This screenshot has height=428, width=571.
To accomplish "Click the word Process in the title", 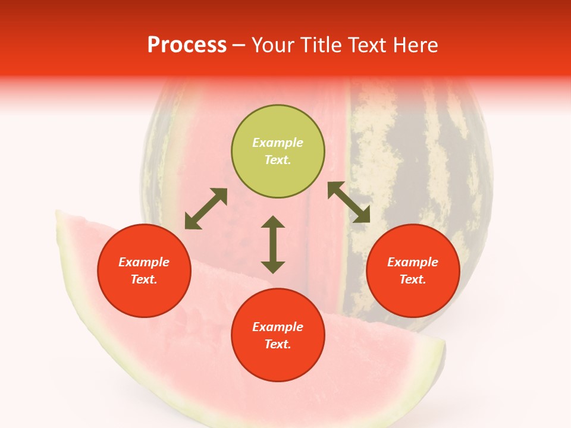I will [187, 45].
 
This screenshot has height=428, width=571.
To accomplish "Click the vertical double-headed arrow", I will [273, 244].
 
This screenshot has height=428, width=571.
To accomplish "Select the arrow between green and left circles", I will [206, 209].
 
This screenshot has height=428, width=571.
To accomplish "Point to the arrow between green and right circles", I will [349, 202].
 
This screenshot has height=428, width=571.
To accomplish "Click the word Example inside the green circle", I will [278, 143].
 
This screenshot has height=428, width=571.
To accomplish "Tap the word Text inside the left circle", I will [144, 279].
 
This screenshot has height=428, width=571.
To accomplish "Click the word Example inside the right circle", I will [413, 262].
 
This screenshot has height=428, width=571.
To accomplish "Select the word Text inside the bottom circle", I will [278, 344].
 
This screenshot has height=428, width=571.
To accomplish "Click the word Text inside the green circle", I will [278, 160].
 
